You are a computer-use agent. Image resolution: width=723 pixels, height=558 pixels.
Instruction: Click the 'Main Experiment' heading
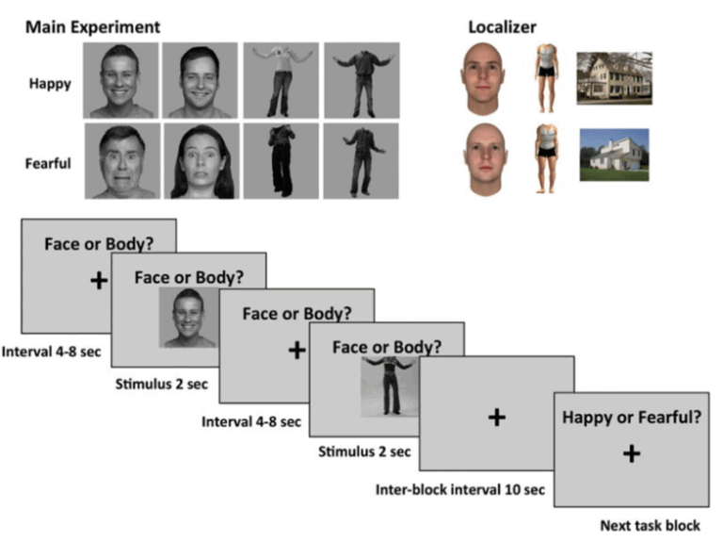coord(92,26)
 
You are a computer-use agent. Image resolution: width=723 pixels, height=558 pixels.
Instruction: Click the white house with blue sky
coord(614,154)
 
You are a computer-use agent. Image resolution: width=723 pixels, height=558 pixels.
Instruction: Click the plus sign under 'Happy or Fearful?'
coord(631,453)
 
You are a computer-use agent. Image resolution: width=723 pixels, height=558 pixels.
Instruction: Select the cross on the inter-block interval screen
coord(496,417)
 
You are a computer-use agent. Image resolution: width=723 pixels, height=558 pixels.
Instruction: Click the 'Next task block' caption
coord(650,526)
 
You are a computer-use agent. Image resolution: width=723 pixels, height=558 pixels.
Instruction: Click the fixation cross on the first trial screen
coord(98,281)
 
